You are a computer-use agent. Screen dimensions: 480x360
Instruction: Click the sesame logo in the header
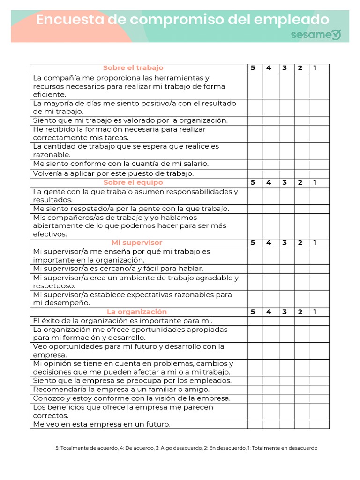(x=315, y=35)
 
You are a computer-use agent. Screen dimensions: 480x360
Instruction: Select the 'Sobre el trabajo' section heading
(x=133, y=68)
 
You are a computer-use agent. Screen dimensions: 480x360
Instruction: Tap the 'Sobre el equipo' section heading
(x=133, y=182)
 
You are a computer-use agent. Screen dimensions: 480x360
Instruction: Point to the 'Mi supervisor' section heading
(x=137, y=243)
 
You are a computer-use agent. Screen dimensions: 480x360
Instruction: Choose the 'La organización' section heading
(x=137, y=312)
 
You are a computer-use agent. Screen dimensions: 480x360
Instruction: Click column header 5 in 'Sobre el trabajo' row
(x=253, y=68)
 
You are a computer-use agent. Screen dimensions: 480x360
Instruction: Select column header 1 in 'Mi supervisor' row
(x=315, y=243)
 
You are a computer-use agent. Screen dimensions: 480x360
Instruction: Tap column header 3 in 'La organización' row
(x=285, y=312)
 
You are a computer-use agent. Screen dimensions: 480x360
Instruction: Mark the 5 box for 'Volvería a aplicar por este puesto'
(x=255, y=173)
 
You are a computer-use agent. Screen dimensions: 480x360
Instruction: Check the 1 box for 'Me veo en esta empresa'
(x=319, y=424)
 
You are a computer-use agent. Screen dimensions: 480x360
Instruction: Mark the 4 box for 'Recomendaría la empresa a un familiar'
(x=270, y=390)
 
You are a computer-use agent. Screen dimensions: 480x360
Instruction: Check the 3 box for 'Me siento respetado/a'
(x=286, y=209)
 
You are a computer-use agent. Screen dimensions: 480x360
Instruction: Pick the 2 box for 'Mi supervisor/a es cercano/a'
(x=302, y=269)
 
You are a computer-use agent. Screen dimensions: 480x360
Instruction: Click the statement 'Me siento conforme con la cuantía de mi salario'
(x=121, y=164)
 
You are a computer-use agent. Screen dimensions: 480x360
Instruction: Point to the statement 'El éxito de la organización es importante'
(x=123, y=321)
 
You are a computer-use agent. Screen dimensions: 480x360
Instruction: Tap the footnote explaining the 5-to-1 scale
(x=187, y=448)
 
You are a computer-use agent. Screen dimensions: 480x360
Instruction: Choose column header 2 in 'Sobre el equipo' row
(x=300, y=182)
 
